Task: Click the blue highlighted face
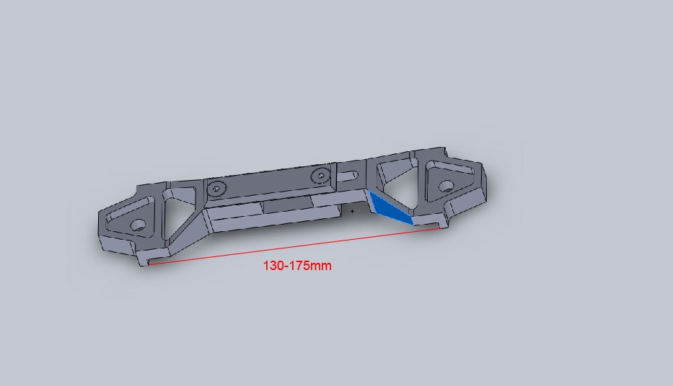390,209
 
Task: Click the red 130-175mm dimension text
297,266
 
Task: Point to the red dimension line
294,246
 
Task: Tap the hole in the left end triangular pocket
138,225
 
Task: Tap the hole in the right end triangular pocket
447,187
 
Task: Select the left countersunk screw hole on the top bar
216,188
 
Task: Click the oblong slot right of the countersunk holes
348,175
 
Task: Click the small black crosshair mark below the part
353,211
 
